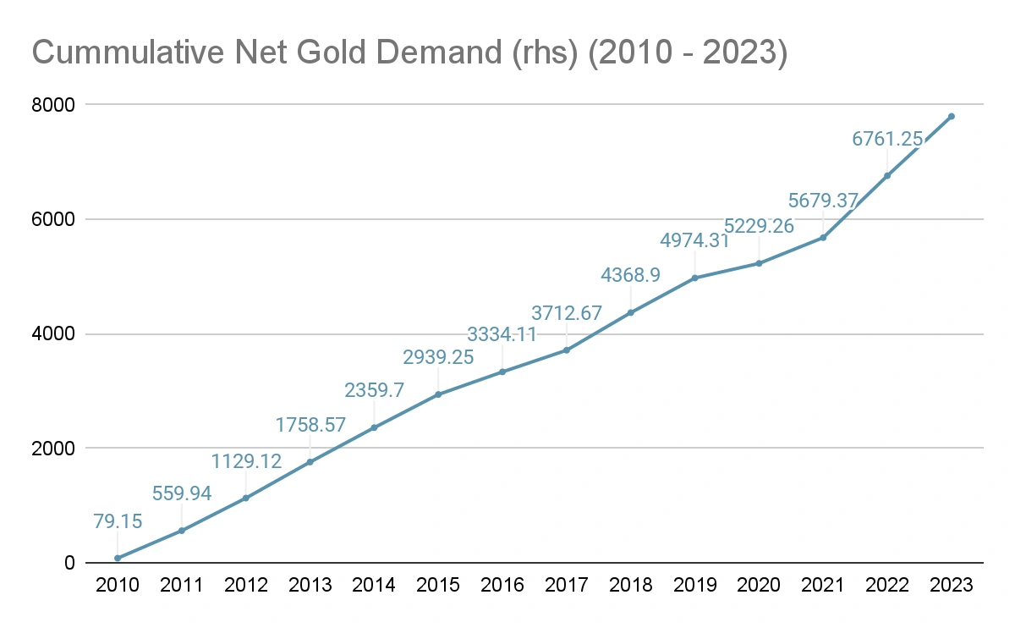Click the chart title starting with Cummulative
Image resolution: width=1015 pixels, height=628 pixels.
pyautogui.click(x=409, y=52)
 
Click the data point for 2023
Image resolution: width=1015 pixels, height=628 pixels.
pyautogui.click(x=951, y=116)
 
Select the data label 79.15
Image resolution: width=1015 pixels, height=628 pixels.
pyautogui.click(x=118, y=522)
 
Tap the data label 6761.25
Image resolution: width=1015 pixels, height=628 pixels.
pyautogui.click(x=886, y=139)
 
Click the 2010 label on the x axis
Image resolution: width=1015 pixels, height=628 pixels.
pyautogui.click(x=118, y=585)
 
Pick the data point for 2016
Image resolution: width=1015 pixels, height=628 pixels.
pyautogui.click(x=502, y=372)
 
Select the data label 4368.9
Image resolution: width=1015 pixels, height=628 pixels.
pyautogui.click(x=630, y=276)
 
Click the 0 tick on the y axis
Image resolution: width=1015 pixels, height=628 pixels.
pyautogui.click(x=70, y=563)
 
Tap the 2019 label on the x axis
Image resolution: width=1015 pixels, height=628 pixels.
pyautogui.click(x=694, y=585)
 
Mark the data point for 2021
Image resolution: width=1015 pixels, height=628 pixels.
pyautogui.click(x=823, y=237)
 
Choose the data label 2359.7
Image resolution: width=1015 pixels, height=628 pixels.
pyautogui.click(x=374, y=390)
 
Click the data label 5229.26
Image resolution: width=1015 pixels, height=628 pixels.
pyautogui.click(x=759, y=227)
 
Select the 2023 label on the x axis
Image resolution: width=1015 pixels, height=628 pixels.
pyautogui.click(x=951, y=585)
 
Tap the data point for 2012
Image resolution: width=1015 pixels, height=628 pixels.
pyautogui.click(x=246, y=498)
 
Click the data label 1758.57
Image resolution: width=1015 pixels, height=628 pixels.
pyautogui.click(x=310, y=425)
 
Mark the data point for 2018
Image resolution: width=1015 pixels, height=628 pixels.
pyautogui.click(x=630, y=312)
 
